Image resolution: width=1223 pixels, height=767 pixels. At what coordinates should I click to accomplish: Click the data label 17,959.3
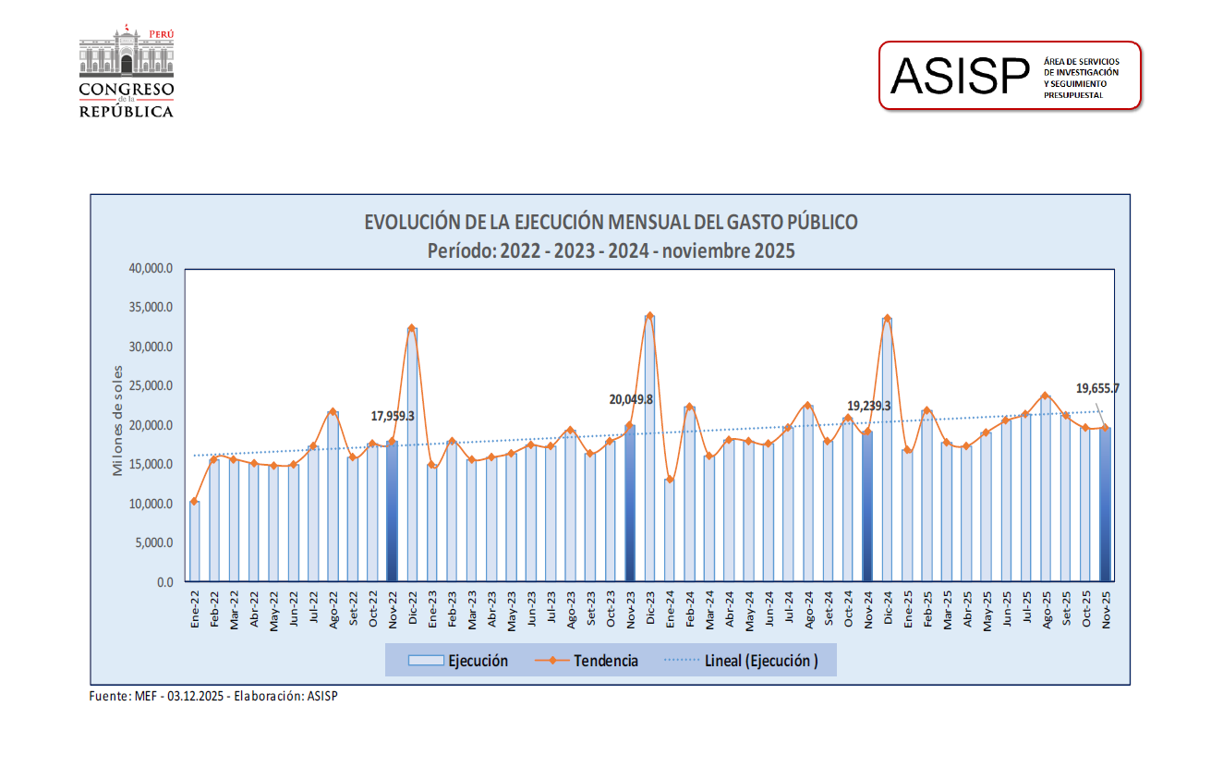pos(393,417)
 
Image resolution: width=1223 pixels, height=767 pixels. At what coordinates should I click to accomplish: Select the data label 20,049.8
pos(631,400)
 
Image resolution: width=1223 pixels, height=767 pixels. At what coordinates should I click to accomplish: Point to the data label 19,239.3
pos(868,406)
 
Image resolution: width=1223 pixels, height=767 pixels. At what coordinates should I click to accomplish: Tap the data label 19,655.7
pos(1097,389)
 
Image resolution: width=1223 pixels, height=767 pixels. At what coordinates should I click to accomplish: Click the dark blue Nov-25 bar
pos(1105,505)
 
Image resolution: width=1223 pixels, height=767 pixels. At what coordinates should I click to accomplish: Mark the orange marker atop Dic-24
pos(887,319)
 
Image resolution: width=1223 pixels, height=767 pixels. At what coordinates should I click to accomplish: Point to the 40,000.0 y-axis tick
pos(151,269)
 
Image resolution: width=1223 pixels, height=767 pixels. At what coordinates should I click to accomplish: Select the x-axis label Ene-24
pos(670,611)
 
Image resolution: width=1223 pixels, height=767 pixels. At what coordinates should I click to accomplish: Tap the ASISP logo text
pos(960,76)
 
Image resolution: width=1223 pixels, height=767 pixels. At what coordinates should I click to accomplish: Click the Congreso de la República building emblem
pos(126,53)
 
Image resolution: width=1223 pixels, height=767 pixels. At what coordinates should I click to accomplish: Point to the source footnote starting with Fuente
pos(213,696)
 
